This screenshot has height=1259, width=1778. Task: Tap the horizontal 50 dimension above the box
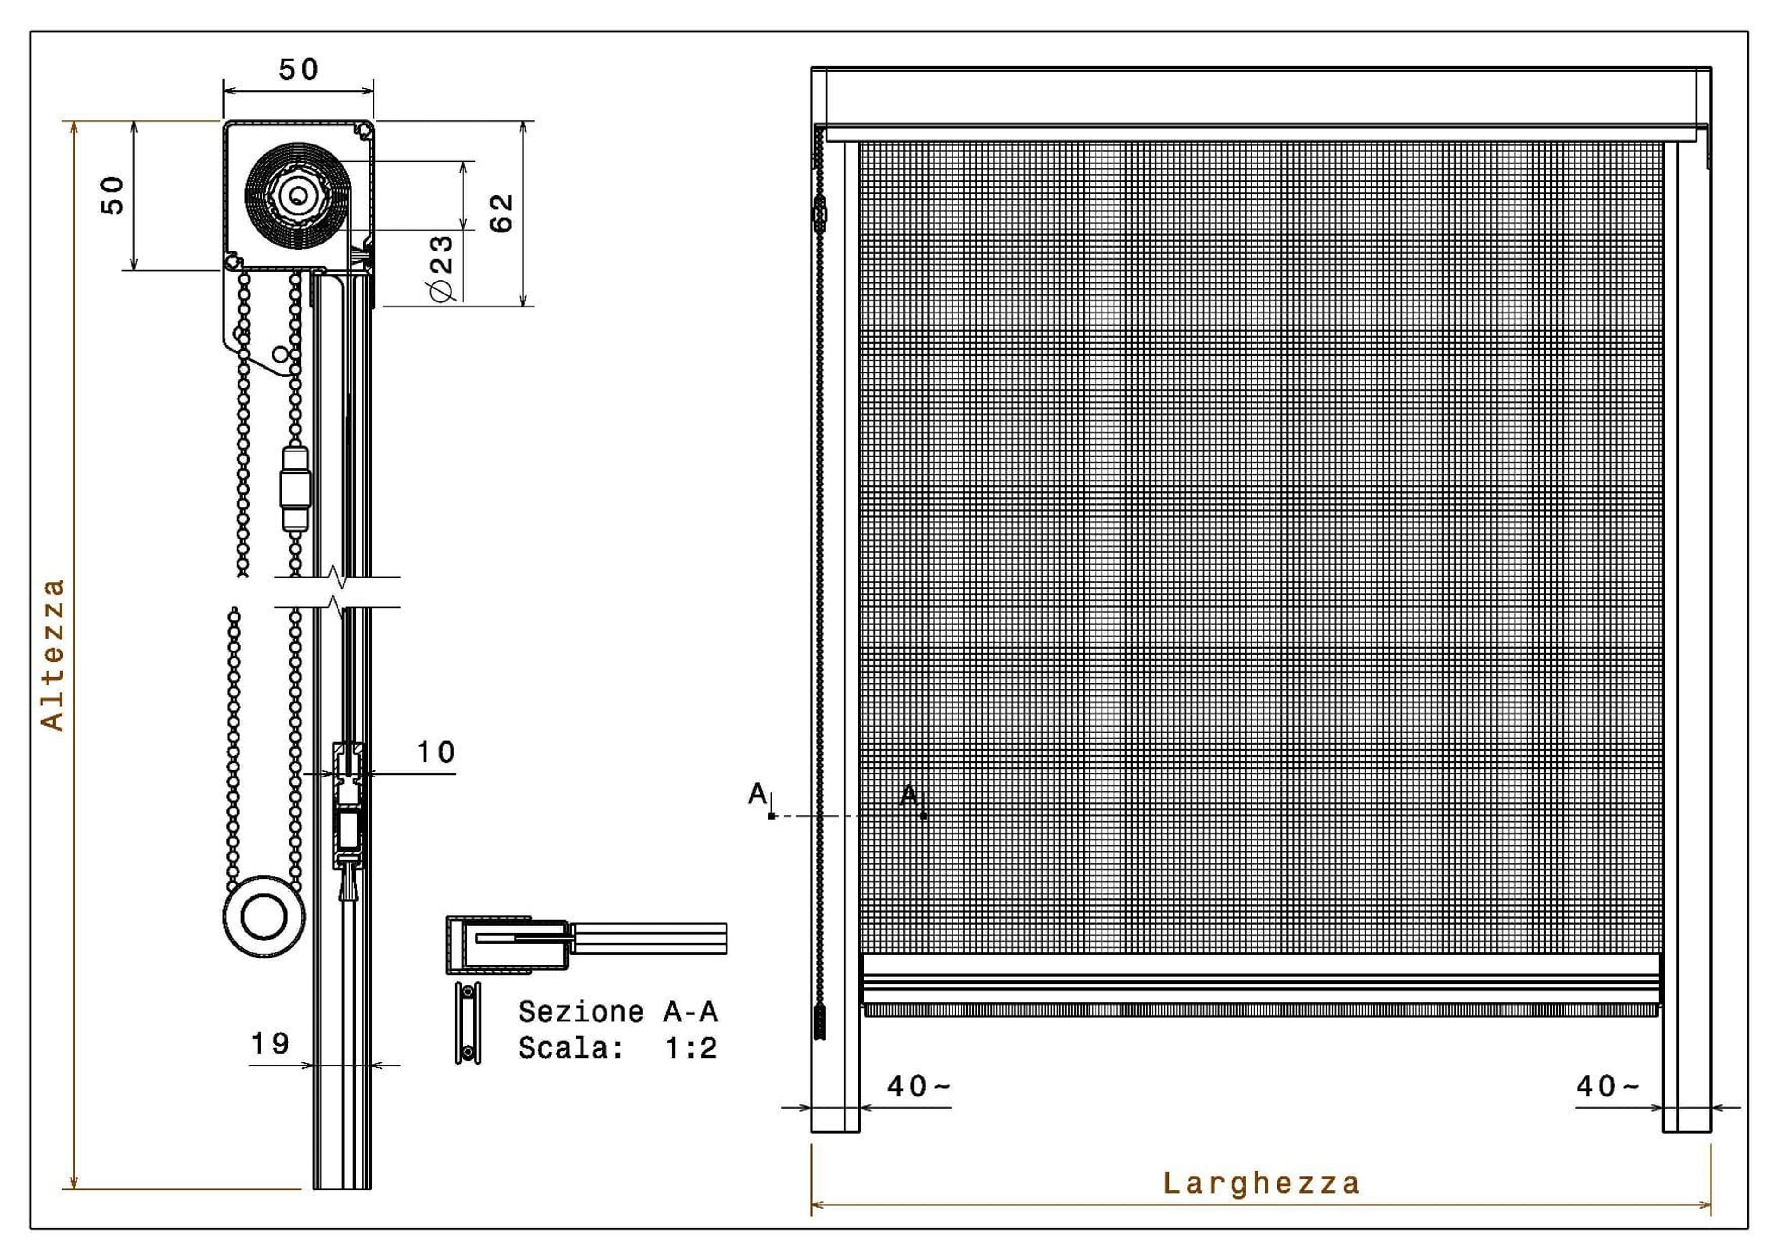[x=298, y=70]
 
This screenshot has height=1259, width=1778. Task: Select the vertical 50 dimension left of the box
[x=113, y=195]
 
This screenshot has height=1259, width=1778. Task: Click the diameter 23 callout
[x=440, y=268]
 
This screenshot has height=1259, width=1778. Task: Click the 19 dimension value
[x=270, y=1044]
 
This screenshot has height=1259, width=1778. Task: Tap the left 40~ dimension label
[x=919, y=1086]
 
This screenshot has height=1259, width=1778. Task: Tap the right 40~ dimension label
[x=1608, y=1086]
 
